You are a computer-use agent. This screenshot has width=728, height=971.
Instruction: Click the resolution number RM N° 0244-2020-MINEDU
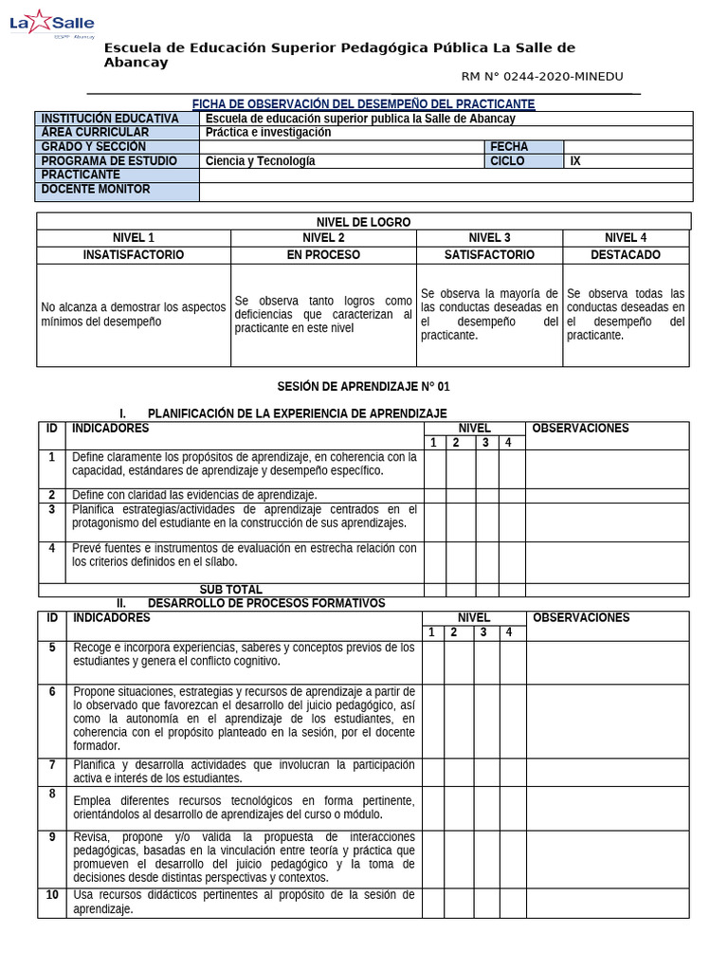(542, 77)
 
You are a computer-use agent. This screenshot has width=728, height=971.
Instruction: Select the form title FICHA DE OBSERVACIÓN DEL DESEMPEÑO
(363, 103)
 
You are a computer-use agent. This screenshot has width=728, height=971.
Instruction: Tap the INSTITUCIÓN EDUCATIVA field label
(109, 119)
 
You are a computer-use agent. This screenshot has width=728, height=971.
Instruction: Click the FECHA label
(509, 147)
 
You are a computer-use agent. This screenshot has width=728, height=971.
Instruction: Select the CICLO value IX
(575, 161)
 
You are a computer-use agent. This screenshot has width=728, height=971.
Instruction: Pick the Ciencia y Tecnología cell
(260, 161)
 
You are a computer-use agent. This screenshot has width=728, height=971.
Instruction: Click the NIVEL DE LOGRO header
(363, 222)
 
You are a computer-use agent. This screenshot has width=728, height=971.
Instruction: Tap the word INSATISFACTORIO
(134, 255)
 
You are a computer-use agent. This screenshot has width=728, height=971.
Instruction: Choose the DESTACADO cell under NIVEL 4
(626, 255)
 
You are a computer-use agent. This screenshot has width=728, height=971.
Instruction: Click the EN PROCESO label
(323, 255)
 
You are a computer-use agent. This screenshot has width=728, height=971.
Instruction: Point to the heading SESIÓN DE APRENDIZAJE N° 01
(363, 387)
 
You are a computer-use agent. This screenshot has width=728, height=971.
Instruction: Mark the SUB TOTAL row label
(230, 590)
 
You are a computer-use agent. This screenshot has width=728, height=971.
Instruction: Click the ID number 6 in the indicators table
(52, 692)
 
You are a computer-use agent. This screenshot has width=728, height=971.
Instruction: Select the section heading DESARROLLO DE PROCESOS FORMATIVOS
(266, 603)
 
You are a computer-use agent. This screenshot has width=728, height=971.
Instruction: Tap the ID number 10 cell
(52, 895)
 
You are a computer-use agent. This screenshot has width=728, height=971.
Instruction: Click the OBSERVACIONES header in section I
(580, 429)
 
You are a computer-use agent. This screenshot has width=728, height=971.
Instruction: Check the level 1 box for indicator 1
(433, 468)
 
